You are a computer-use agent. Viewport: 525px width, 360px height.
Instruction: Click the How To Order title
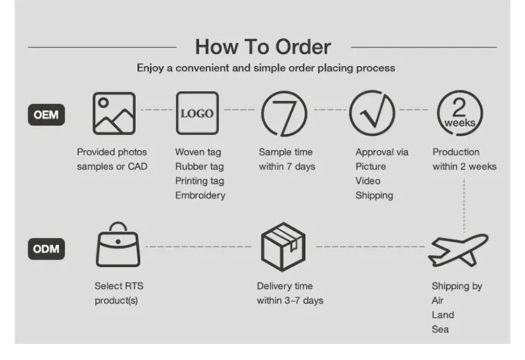pyautogui.click(x=262, y=47)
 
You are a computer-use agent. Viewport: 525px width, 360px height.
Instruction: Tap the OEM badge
pyautogui.click(x=46, y=115)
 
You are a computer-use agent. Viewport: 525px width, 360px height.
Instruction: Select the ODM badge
pyautogui.click(x=46, y=249)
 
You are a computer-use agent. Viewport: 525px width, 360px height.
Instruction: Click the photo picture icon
pyautogui.click(x=114, y=113)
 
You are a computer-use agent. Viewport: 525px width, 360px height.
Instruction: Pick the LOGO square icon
pyautogui.click(x=197, y=113)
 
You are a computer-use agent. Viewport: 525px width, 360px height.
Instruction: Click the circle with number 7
pyautogui.click(x=283, y=113)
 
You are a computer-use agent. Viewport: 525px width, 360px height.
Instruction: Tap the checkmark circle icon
pyautogui.click(x=372, y=113)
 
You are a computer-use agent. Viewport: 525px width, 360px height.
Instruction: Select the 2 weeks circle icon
pyautogui.click(x=459, y=113)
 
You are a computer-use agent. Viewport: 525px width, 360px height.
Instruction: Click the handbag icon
pyautogui.click(x=118, y=247)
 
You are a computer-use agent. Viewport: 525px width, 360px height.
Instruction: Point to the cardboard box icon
pyautogui.click(x=283, y=247)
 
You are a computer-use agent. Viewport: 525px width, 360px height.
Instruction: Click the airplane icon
pyautogui.click(x=458, y=249)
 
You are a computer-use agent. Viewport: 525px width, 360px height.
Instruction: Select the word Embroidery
pyautogui.click(x=200, y=195)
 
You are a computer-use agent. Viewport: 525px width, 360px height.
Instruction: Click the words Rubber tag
pyautogui.click(x=199, y=167)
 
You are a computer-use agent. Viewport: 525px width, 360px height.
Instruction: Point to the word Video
pyautogui.click(x=369, y=181)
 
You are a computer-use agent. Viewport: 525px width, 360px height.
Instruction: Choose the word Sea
pyautogui.click(x=440, y=329)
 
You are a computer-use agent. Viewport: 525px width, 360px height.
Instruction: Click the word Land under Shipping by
pyautogui.click(x=442, y=315)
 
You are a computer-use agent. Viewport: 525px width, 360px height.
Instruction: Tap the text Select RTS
pyautogui.click(x=119, y=286)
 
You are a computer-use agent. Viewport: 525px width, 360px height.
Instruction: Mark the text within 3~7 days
pyautogui.click(x=290, y=300)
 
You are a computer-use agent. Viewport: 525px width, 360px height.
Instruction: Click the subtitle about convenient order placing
pyautogui.click(x=266, y=68)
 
